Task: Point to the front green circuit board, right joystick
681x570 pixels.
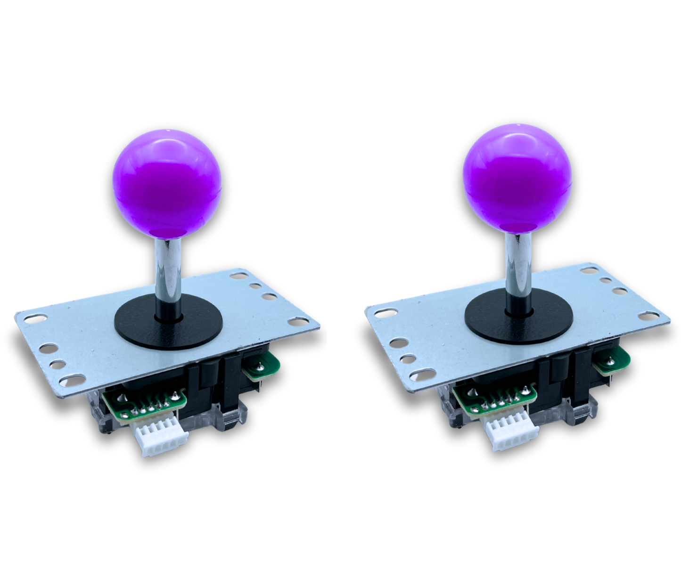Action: pyautogui.click(x=495, y=400)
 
